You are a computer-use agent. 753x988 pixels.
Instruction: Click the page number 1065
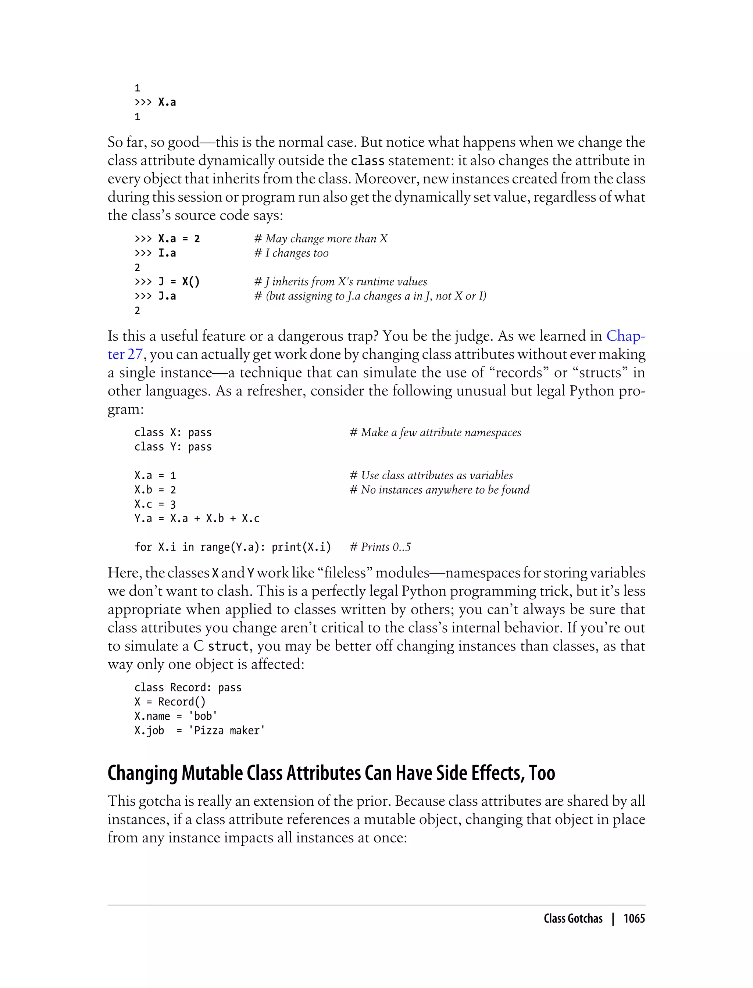coord(634,919)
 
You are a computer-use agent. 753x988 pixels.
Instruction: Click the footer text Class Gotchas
coord(573,919)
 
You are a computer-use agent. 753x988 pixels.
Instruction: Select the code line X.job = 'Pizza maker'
coord(199,731)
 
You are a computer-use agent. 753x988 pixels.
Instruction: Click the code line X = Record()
coord(170,702)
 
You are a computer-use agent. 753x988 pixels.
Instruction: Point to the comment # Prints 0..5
coord(380,547)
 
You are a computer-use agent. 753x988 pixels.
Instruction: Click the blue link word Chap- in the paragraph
coord(626,336)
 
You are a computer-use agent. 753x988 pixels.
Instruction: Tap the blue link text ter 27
coord(125,354)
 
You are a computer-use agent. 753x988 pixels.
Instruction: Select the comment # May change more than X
coord(321,239)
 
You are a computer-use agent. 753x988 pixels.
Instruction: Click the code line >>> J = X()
coord(167,282)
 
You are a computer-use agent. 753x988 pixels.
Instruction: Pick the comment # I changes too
coord(291,253)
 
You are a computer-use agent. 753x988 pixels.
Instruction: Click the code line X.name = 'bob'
coord(176,716)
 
